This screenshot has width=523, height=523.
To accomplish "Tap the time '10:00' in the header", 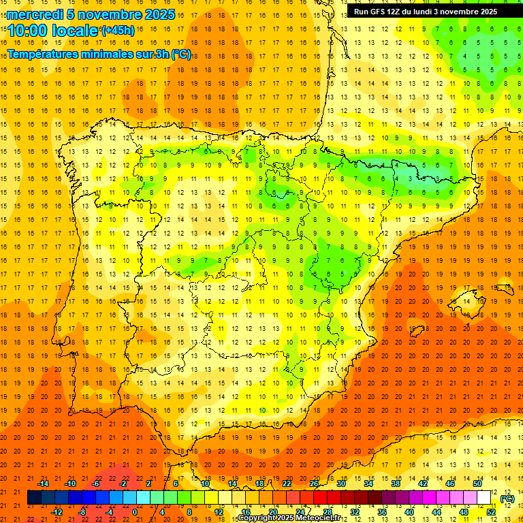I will (27, 31).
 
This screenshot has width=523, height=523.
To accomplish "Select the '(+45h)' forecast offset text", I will (118, 31).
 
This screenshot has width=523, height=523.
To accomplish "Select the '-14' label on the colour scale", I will (42, 483).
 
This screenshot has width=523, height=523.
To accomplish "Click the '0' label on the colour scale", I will (135, 512).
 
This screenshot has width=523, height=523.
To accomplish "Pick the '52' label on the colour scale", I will (490, 512).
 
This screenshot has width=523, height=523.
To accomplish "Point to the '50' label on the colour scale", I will (477, 483).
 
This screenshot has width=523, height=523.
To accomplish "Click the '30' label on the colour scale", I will (340, 483).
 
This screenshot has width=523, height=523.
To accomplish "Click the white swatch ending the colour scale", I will (484, 498).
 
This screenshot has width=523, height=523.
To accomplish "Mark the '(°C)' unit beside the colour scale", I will (507, 498).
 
